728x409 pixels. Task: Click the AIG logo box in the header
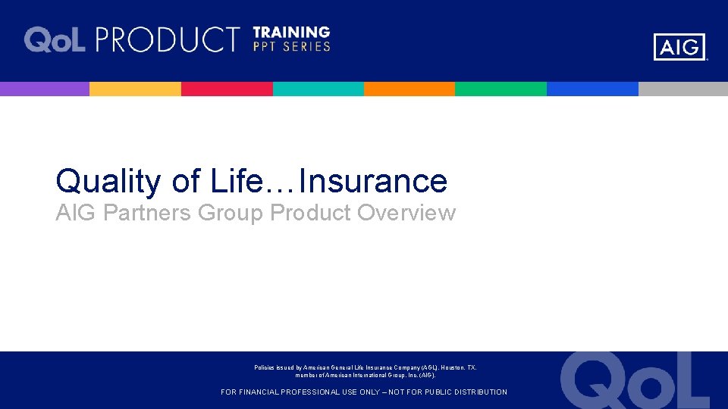click(679, 47)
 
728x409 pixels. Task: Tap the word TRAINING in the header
click(291, 33)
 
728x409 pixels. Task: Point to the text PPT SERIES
click(291, 47)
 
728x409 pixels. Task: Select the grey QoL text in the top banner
click(55, 39)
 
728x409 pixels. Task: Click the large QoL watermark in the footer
click(635, 381)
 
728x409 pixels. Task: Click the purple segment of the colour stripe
click(45, 89)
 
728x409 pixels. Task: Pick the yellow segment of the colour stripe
click(135, 89)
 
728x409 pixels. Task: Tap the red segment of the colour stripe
click(227, 89)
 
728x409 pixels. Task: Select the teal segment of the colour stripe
click(318, 89)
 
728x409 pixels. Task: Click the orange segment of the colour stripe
click(409, 89)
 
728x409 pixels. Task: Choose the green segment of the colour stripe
click(500, 89)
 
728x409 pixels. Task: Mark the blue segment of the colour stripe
click(592, 89)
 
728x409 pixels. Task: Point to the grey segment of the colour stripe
click(682, 89)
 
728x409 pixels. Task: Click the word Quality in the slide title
click(108, 182)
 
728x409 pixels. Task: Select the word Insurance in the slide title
click(374, 182)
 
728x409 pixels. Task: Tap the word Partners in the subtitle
click(147, 214)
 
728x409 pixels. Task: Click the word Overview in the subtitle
click(406, 214)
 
